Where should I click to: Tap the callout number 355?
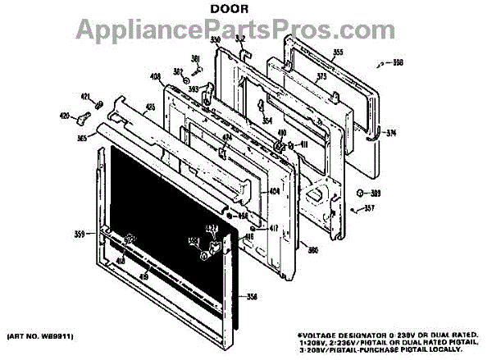point(315,53)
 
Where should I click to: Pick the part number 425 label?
point(150,106)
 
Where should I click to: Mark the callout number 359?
point(80,235)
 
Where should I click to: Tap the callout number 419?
point(143,276)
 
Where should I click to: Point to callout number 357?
point(370,208)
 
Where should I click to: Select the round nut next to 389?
point(361,193)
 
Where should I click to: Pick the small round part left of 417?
point(243,216)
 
